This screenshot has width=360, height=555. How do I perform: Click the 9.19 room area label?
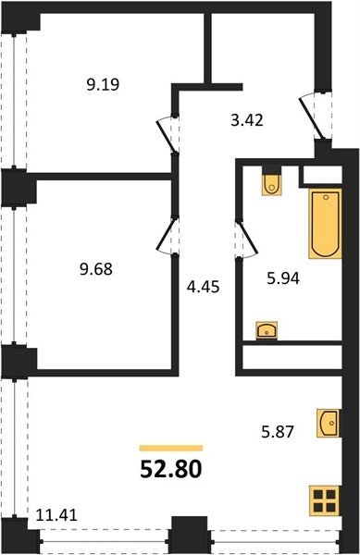click(x=103, y=84)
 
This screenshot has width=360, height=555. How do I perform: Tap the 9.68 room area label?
click(x=96, y=269)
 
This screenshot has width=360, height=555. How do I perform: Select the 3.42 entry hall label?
click(x=247, y=120)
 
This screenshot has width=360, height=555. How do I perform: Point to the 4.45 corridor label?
click(x=204, y=287)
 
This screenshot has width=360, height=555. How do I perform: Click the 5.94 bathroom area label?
click(x=283, y=278)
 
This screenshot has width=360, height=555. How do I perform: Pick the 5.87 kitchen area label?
click(x=278, y=432)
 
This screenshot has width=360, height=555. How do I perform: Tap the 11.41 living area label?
click(x=56, y=514)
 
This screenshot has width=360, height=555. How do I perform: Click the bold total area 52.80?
click(x=171, y=469)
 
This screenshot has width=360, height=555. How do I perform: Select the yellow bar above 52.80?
click(x=171, y=448)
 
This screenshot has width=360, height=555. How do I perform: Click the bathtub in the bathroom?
click(x=326, y=223)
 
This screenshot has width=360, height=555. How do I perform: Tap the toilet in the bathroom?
click(x=271, y=184)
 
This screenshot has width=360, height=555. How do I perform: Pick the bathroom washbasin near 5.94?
click(x=267, y=330)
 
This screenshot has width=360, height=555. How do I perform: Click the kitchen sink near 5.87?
click(x=329, y=423)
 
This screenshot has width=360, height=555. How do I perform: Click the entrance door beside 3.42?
click(x=312, y=117)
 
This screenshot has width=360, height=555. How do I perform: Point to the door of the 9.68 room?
click(x=166, y=235)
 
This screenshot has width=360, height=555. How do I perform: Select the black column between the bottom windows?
click(x=190, y=536)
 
